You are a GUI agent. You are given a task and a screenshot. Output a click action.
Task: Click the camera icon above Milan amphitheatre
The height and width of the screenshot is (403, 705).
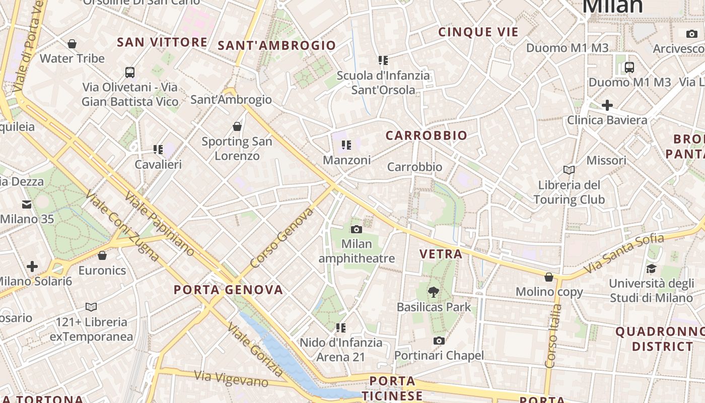tap(356, 230)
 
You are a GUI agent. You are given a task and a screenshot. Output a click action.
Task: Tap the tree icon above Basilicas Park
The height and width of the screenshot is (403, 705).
tap(433, 292)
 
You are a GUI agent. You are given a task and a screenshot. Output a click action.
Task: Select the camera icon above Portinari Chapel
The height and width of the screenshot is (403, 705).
tap(439, 341)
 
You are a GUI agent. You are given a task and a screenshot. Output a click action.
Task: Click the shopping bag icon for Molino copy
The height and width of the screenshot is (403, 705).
tap(549, 277)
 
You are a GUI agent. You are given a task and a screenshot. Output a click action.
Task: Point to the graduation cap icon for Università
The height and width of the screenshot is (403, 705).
tap(651, 268)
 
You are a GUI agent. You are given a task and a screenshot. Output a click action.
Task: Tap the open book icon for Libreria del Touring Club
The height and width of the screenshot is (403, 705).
tap(569, 170)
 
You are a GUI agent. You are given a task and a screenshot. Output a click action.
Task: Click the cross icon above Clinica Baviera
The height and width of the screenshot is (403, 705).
tap(607, 105)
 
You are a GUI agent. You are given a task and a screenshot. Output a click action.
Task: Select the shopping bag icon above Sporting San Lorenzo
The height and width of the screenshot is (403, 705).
tap(237, 126)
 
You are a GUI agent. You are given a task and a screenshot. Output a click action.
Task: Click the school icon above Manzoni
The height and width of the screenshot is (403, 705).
tap(346, 146)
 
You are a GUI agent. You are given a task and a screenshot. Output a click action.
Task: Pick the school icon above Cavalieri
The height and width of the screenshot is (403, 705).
tap(158, 150)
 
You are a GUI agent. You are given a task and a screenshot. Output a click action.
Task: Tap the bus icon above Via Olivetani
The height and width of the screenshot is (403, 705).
tap(130, 73)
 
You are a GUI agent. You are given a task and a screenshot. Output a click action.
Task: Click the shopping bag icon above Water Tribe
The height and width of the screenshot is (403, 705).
tap(72, 44)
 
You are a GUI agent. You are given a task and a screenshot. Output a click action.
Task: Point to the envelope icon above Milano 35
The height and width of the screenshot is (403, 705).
tap(26, 205)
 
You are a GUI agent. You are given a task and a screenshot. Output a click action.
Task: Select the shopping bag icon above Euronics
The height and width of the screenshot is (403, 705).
tap(102, 256)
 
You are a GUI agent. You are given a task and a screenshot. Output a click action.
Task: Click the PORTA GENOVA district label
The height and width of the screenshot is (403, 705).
tap(228, 290)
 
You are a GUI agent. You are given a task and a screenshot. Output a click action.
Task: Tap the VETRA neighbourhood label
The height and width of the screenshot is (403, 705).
tap(441, 254)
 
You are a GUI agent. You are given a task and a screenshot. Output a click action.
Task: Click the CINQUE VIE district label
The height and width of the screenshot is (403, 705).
tap(478, 32)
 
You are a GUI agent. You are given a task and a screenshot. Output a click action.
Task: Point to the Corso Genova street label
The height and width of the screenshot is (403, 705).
tap(281, 238)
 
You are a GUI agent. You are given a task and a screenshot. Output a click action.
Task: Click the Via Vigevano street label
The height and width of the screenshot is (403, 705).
tap(232, 378)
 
